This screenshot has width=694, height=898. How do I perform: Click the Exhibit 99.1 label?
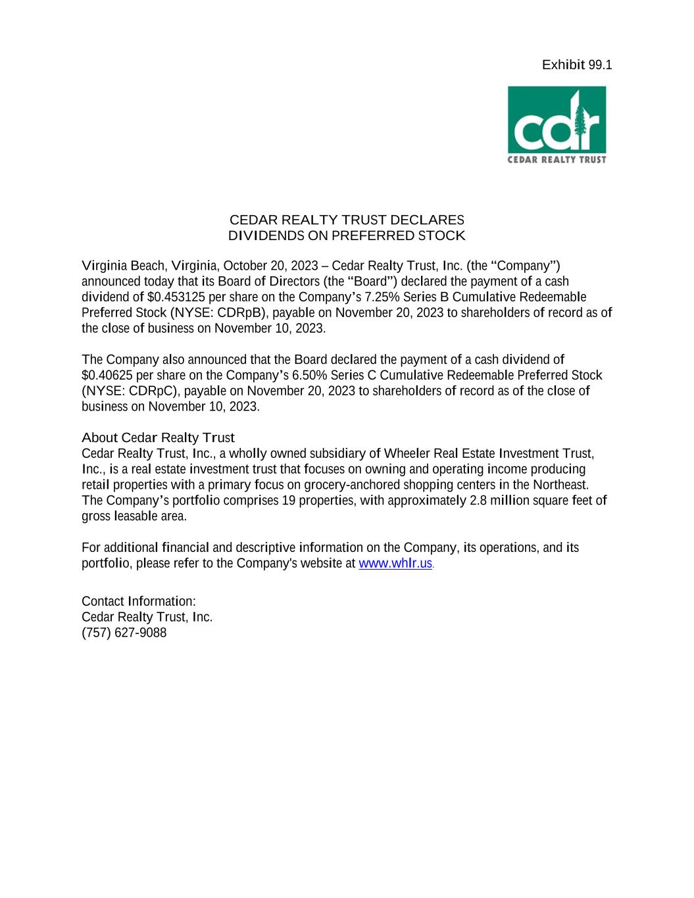(576, 64)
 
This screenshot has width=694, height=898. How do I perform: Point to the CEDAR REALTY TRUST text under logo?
(557, 159)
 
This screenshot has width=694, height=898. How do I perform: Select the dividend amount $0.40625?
(107, 375)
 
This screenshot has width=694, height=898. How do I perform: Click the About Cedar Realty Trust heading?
(158, 437)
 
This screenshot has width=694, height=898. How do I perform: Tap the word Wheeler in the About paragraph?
(406, 453)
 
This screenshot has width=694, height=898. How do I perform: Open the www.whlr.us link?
(395, 564)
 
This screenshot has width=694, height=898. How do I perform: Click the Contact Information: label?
(139, 601)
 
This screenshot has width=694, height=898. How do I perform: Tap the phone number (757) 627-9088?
(124, 633)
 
